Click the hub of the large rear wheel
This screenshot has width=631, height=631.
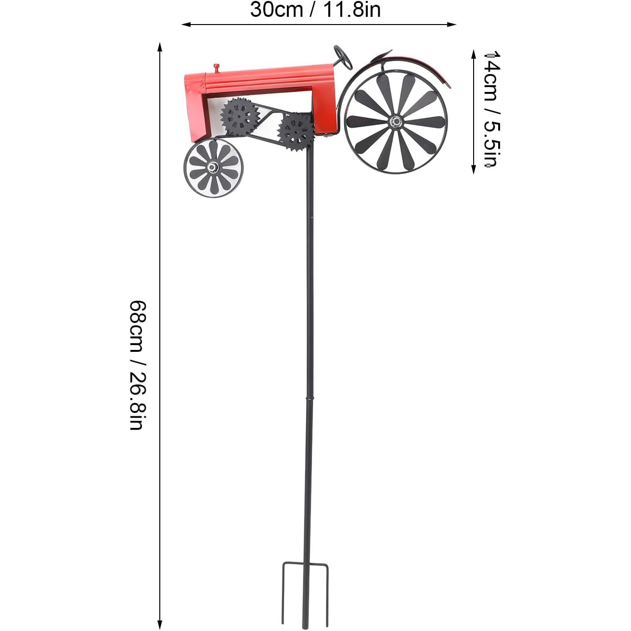point(396,122)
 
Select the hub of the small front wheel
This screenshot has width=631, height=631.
point(213,168)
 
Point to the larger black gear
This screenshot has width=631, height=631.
point(240,115)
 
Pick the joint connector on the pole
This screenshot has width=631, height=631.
point(309,399)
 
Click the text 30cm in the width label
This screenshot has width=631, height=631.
point(276,10)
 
